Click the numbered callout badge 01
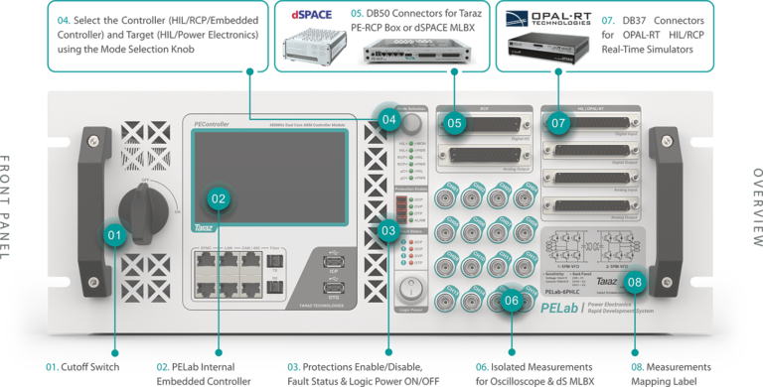tap(115, 236)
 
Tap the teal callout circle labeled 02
tap(220, 196)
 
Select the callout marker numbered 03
tap(389, 230)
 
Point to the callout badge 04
tap(387, 121)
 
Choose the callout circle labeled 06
tap(511, 300)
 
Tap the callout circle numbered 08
tap(635, 281)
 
